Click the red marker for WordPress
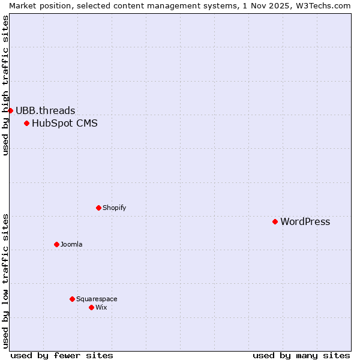coord(275,221)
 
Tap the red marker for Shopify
coord(98,208)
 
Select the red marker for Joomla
coord(56,244)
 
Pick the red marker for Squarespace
coord(72,299)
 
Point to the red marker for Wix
coord(91,307)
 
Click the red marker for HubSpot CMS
coord(26,124)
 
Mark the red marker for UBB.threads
coord(10,110)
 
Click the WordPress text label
coord(305,222)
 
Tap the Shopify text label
coord(114,208)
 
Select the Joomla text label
coord(71,245)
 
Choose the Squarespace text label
coord(97,299)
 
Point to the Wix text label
coord(101,308)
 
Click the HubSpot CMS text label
coord(64,124)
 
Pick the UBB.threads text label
coord(45,110)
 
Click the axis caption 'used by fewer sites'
coord(62,355)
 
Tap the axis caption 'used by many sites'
coord(301,355)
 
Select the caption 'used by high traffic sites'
coord(5,85)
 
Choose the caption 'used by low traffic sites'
coord(5,281)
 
